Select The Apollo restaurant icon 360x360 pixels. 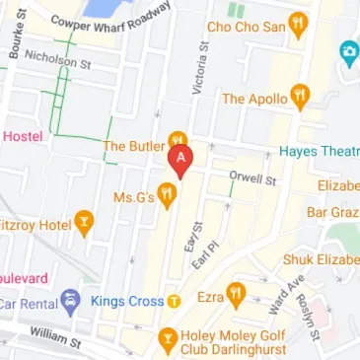point(301,98)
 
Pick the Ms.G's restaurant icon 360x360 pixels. point(167,198)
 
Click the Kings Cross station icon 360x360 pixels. point(174,300)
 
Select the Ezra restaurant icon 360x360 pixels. point(235,295)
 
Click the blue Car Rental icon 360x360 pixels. point(69,300)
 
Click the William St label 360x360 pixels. point(56,337)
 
